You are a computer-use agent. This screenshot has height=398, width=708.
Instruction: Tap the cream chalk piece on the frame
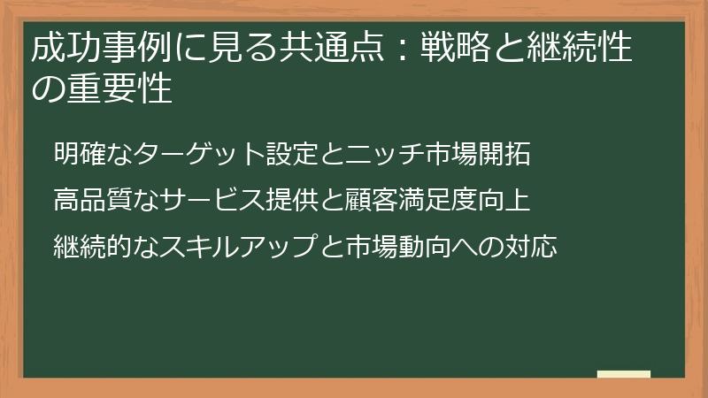pyautogui.click(x=623, y=375)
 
